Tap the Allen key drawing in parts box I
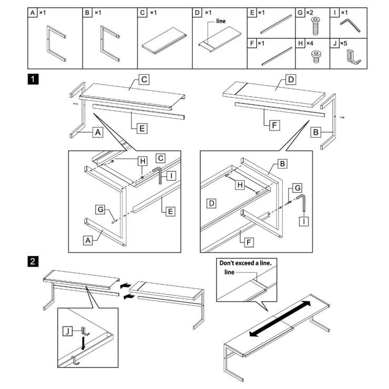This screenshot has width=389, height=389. coord(347,24)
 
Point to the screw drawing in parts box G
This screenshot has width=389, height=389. coord(315,24)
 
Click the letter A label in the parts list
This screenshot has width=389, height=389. coord(34,12)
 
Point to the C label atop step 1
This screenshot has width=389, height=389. coord(144,80)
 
